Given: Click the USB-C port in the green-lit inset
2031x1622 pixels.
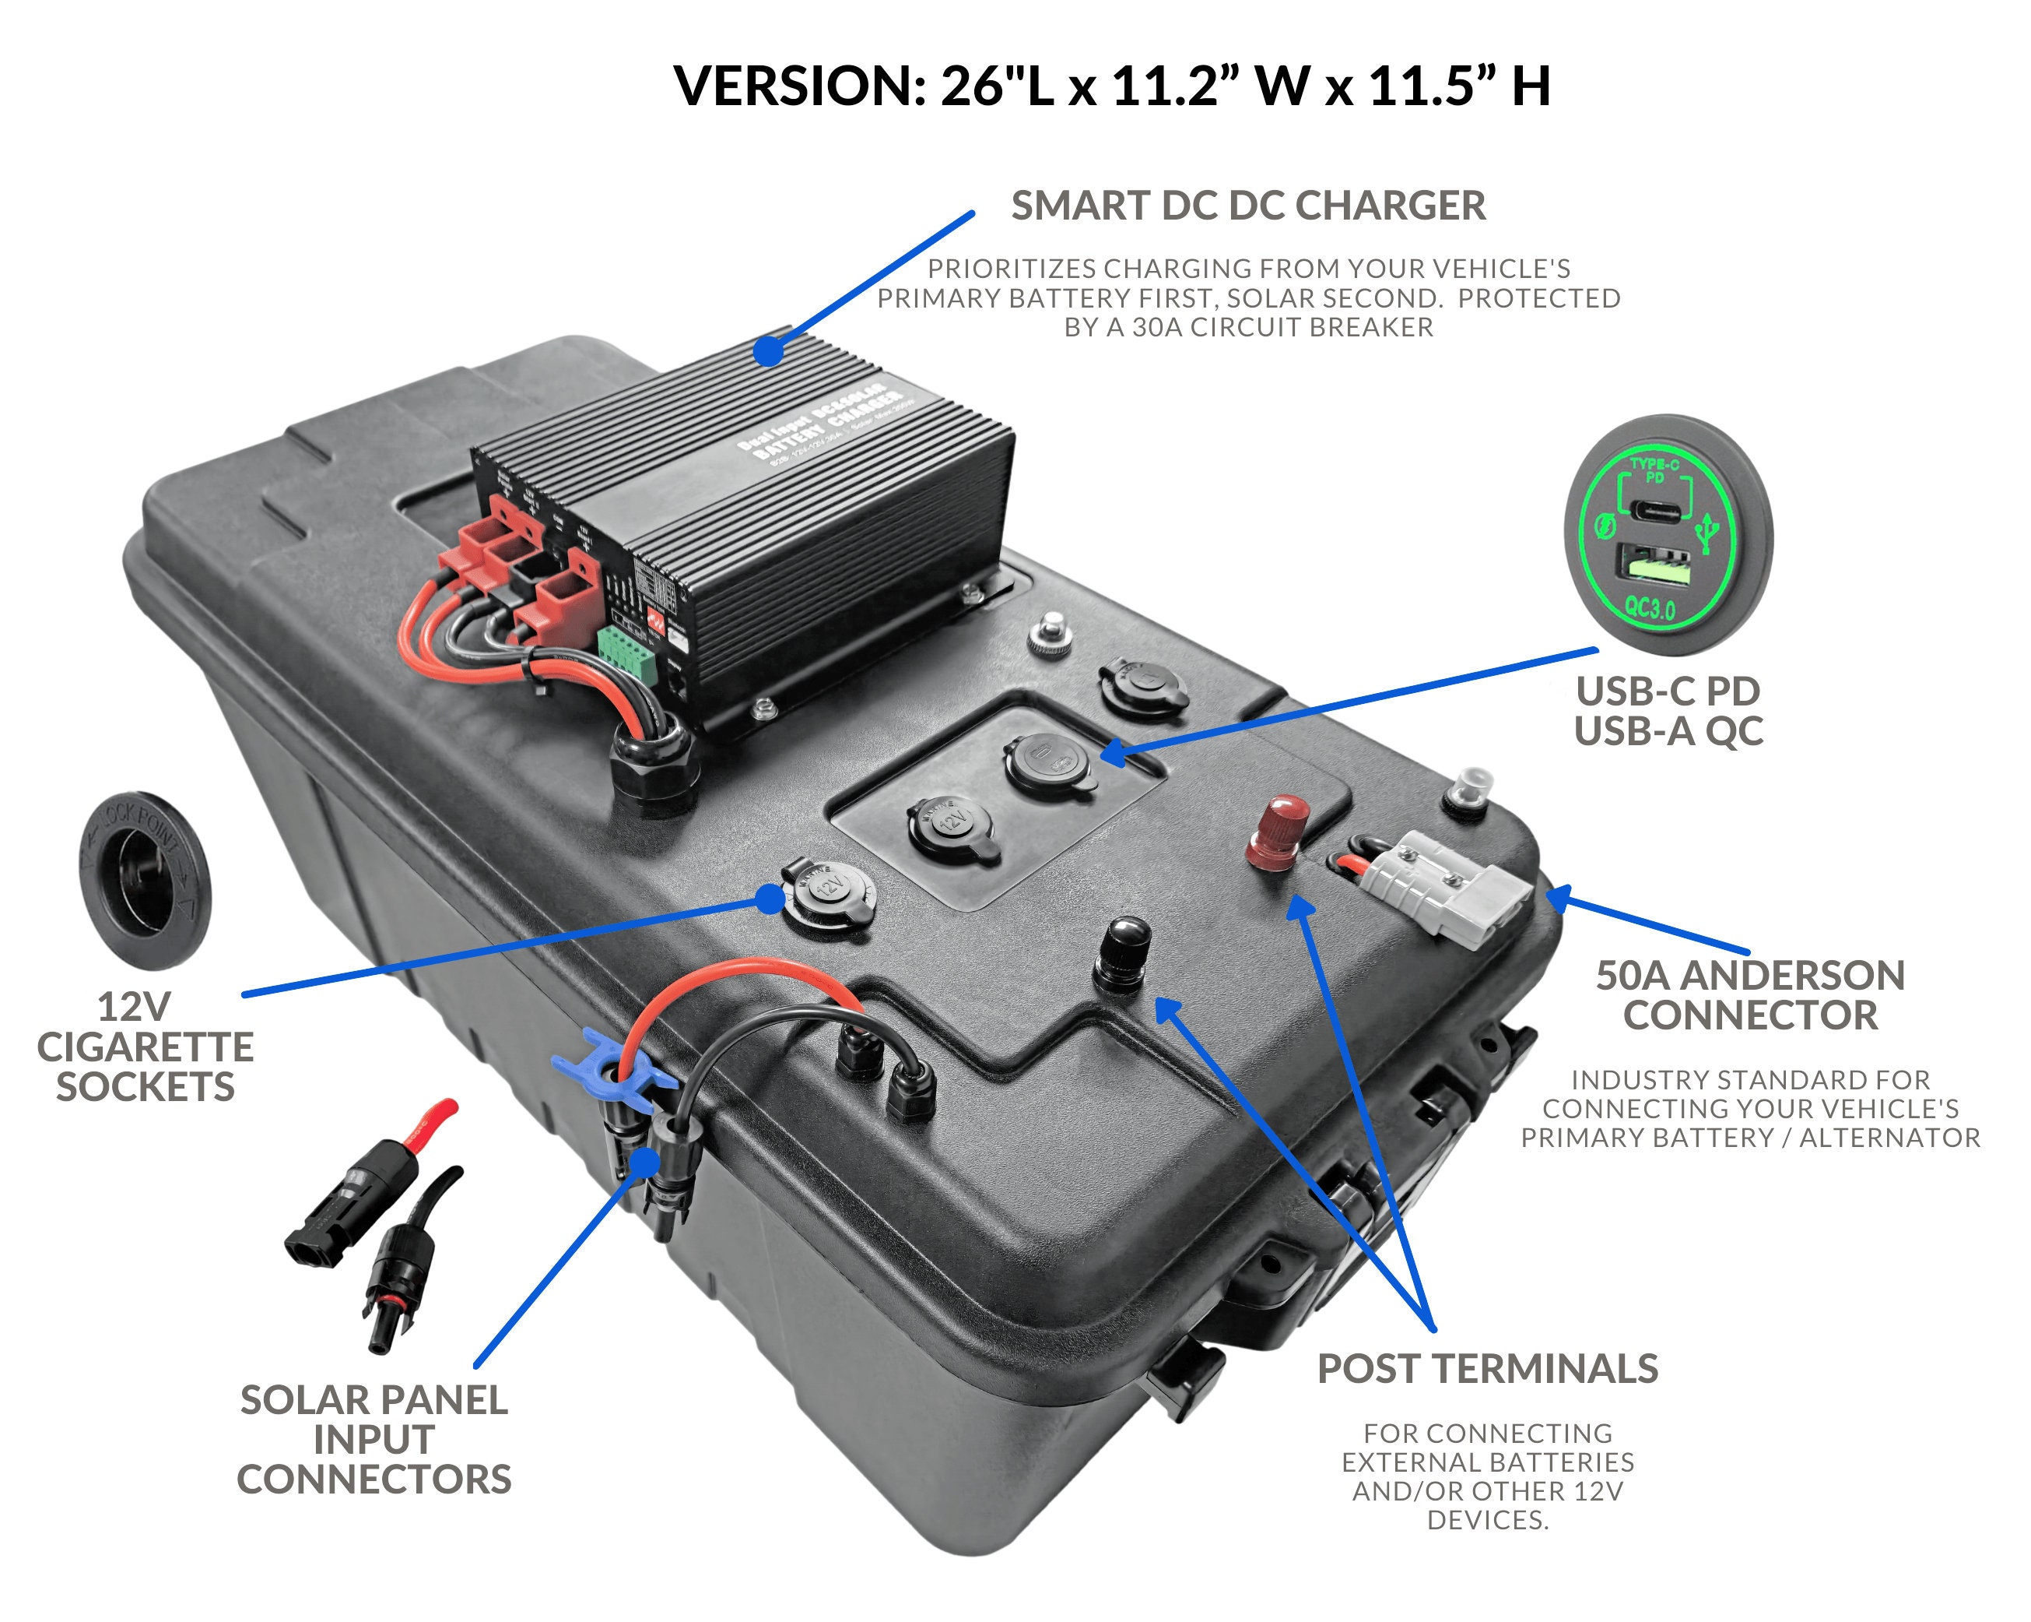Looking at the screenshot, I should [x=1655, y=511].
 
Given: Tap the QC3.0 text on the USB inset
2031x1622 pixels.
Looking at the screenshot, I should [x=1650, y=607].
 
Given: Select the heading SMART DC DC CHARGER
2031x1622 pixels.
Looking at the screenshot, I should [x=1247, y=206].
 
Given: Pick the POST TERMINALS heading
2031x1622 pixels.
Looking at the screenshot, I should [x=1486, y=1368].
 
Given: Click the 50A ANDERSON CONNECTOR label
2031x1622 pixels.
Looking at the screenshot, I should [x=1749, y=995].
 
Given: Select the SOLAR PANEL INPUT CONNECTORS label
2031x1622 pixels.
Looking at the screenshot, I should [x=374, y=1439].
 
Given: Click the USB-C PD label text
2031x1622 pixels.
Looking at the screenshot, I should [x=1668, y=691].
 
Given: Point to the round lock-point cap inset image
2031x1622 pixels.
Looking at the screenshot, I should [x=144, y=879].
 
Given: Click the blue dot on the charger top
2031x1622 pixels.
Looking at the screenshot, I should [x=769, y=351].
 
